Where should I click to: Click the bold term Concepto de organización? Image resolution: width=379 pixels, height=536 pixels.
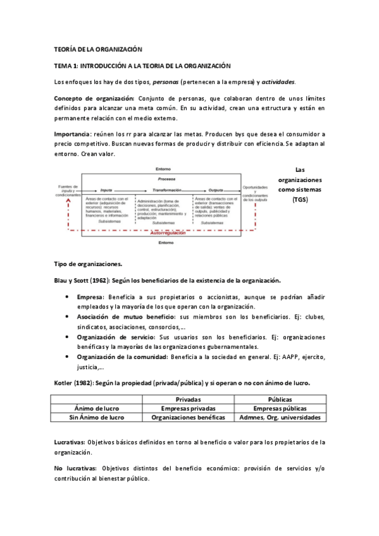coord(94,99)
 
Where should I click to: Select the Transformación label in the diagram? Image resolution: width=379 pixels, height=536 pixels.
coord(163,190)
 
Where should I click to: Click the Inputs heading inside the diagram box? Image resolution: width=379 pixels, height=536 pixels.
coord(106,190)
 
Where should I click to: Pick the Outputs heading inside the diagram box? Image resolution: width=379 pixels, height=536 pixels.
coord(216,190)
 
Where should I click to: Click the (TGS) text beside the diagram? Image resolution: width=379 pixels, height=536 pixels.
coord(299,200)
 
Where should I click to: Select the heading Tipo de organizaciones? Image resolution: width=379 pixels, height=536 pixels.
coord(88,264)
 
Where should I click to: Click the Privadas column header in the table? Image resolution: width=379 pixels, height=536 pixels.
coord(189,399)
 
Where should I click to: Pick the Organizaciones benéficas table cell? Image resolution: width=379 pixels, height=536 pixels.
coord(189,417)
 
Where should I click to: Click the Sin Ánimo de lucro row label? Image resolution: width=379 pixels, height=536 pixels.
coord(97,417)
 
